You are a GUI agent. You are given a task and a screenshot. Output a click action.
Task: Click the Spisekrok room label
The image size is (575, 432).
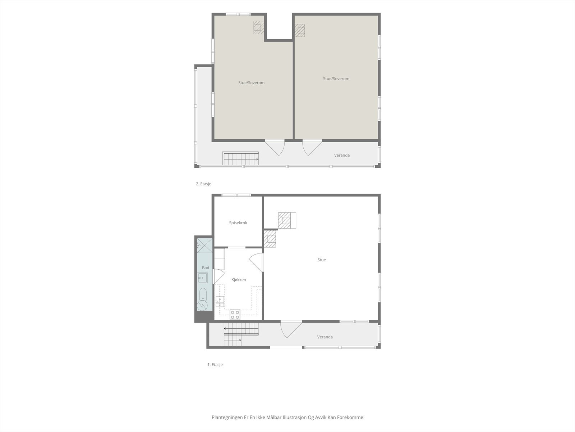point(238,223)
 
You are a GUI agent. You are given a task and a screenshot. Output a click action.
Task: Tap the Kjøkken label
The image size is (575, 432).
point(239,280)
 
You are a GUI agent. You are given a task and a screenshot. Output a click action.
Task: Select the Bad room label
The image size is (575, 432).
point(206,267)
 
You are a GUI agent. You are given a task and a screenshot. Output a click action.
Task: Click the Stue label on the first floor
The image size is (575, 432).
point(321,260)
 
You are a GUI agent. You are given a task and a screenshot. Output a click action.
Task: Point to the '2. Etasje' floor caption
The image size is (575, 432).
point(203,184)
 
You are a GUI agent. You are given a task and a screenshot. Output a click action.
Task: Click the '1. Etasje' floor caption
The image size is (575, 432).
point(215,365)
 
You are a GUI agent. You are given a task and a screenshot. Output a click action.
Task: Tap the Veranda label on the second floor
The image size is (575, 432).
point(342,155)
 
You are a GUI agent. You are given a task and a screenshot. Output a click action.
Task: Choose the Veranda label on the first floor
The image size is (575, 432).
point(325,337)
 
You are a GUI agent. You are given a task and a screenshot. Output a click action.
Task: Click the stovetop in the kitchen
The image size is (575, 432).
point(235,315)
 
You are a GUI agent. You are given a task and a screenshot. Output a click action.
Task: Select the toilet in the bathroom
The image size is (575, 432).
point(203,294)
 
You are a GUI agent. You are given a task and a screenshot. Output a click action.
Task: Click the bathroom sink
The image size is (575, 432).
point(202,278)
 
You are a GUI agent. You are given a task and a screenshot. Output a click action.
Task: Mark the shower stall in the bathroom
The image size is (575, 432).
point(204,246)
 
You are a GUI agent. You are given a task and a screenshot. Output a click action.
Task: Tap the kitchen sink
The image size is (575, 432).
point(220,301)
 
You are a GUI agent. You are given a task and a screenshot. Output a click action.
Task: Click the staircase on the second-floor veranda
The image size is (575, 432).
point(240,158)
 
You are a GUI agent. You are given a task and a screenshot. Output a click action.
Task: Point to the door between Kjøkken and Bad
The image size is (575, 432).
point(219,276)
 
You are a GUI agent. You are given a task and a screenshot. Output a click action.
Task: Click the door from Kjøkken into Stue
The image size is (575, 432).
point(256,262)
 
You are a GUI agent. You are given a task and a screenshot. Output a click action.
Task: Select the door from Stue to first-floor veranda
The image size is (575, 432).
point(291,329)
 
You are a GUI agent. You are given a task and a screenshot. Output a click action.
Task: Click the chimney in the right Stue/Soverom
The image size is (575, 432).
point(300,30)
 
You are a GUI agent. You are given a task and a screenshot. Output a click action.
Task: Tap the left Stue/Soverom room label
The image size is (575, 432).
point(251,83)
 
